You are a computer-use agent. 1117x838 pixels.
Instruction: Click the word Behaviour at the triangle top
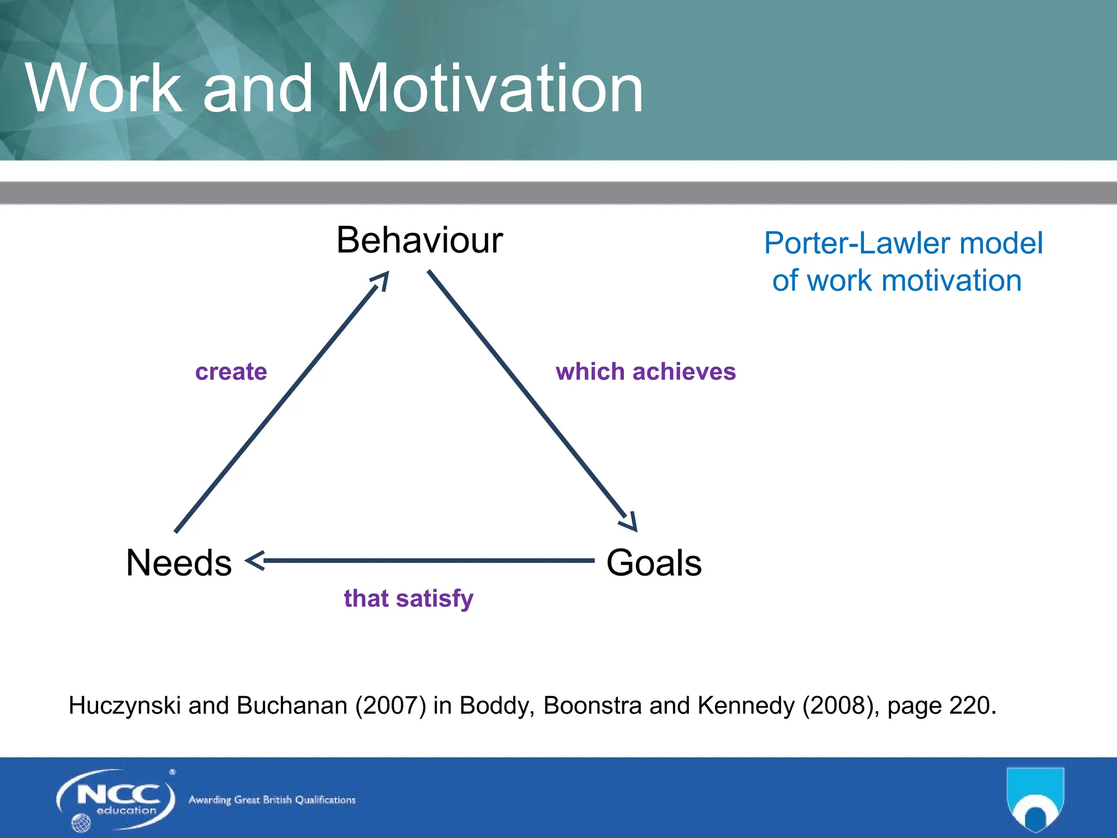point(419,240)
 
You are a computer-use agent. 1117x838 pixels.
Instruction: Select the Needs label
point(179,563)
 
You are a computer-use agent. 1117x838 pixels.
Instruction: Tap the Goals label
point(653,563)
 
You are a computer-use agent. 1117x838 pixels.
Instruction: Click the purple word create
point(231,372)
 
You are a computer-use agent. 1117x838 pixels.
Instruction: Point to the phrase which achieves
point(646,372)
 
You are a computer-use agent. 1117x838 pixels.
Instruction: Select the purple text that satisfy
point(409,598)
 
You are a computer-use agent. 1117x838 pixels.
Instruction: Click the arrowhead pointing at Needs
point(254,561)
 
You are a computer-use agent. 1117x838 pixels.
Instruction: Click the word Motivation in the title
point(489,88)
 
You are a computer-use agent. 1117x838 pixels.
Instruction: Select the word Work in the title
point(104,88)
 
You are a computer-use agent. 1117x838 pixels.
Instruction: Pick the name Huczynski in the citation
point(124,706)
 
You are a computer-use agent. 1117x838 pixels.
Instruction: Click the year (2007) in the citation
point(391,705)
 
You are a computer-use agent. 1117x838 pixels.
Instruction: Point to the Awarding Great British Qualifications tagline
point(272,800)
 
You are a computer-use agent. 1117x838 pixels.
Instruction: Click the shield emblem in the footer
point(1035,799)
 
